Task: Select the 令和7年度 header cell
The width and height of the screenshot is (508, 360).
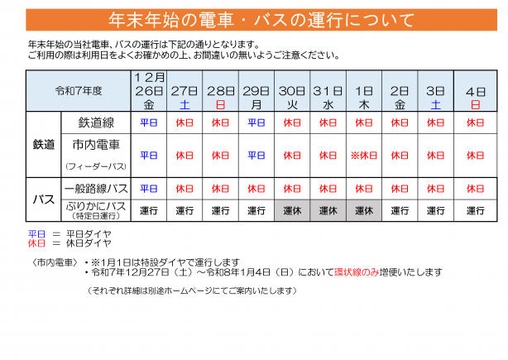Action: click(x=79, y=91)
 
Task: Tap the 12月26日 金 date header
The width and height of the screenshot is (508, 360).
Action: click(x=149, y=91)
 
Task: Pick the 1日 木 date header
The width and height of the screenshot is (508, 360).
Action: click(x=363, y=91)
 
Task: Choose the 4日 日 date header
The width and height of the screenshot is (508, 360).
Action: click(x=475, y=91)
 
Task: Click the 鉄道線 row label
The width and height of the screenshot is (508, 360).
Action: click(x=96, y=122)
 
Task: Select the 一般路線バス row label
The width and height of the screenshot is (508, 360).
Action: click(x=96, y=188)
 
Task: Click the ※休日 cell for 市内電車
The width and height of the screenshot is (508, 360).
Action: click(x=363, y=155)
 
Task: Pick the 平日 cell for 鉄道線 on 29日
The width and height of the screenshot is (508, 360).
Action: click(x=256, y=122)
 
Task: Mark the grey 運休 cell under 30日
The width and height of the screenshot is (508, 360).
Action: click(x=292, y=210)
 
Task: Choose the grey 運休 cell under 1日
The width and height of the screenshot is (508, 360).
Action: click(x=363, y=210)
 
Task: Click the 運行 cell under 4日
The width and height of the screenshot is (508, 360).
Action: click(x=475, y=210)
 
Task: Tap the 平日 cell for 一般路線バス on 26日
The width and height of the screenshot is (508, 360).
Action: click(x=149, y=188)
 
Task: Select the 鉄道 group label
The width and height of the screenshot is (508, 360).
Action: click(x=44, y=144)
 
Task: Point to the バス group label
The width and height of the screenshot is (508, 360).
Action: click(x=44, y=199)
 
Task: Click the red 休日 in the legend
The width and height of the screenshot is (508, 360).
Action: click(x=37, y=244)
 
